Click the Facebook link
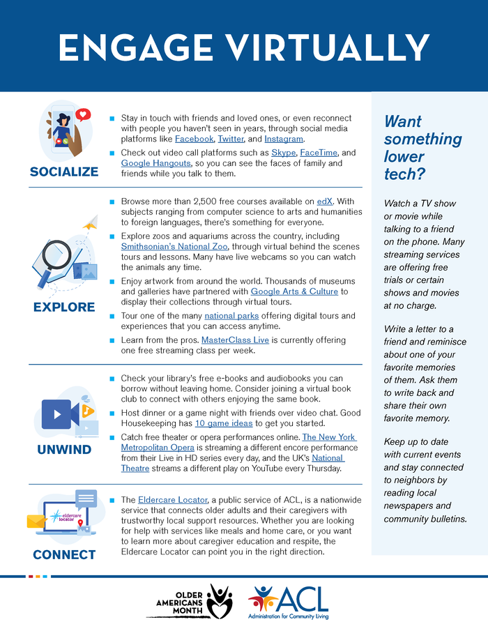(x=194, y=139)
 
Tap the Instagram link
(x=284, y=139)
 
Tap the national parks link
(x=229, y=316)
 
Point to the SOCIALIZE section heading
(x=64, y=172)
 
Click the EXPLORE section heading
(x=64, y=307)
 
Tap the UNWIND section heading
(x=64, y=450)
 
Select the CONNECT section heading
(x=64, y=555)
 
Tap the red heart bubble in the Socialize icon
(x=84, y=114)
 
